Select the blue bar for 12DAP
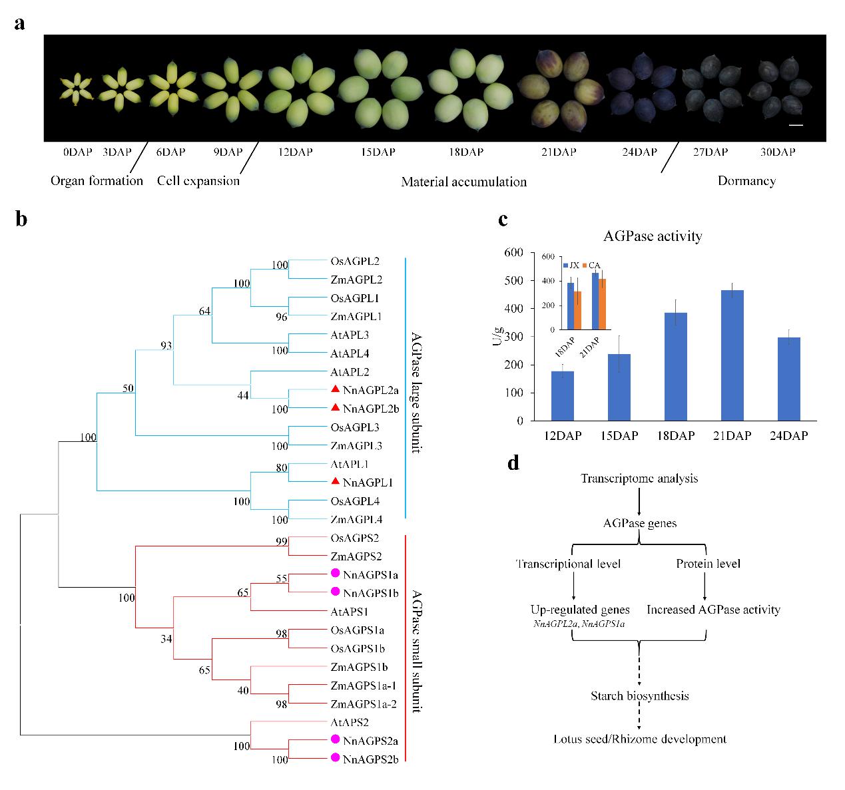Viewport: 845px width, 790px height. point(563,396)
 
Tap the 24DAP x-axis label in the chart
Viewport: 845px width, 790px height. point(786,436)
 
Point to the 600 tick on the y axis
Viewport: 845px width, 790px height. point(511,252)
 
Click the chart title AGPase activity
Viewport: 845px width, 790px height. point(653,236)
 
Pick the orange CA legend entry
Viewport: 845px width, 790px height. point(591,265)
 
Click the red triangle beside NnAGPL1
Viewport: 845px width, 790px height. point(336,482)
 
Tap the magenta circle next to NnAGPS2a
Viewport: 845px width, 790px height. point(336,739)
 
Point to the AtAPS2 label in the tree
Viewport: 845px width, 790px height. point(349,722)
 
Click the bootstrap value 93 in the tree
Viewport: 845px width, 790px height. point(166,345)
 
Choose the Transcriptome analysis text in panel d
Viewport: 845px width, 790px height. point(639,479)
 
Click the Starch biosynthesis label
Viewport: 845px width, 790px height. point(639,696)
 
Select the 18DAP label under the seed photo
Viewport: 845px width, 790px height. point(465,152)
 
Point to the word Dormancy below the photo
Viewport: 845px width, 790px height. point(746,180)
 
